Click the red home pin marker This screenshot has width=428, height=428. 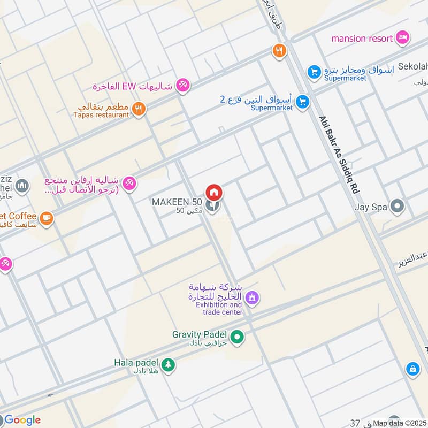[x=214, y=192]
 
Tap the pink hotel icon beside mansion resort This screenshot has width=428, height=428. [x=403, y=38]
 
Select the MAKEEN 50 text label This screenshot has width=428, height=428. [x=177, y=202]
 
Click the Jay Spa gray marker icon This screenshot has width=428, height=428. [x=397, y=205]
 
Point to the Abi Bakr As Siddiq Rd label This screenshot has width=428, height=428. [x=338, y=155]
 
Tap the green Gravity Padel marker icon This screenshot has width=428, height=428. [x=238, y=337]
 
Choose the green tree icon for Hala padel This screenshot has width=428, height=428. [x=168, y=365]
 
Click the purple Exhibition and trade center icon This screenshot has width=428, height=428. [x=252, y=296]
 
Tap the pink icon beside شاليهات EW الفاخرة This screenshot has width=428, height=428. [x=183, y=85]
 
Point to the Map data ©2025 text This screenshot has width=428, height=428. [x=400, y=423]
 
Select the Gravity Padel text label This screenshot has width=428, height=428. [x=200, y=334]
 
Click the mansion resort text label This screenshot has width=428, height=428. [x=363, y=39]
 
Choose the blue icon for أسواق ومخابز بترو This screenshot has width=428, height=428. [x=314, y=71]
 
